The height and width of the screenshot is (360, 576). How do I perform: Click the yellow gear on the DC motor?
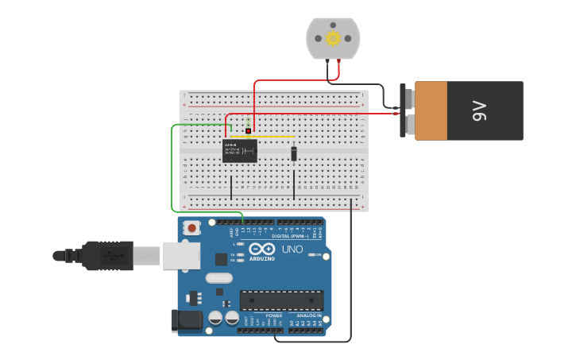click(333, 37)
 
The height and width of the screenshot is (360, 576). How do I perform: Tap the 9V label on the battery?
click(479, 110)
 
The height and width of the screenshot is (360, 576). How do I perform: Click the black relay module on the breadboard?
click(239, 151)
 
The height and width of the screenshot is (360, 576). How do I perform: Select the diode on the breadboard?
click(294, 153)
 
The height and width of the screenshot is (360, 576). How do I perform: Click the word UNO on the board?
click(292, 249)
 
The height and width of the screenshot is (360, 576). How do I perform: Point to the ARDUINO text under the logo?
click(262, 258)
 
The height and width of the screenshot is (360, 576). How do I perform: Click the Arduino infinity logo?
click(262, 248)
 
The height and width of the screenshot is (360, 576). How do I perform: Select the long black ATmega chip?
click(281, 300)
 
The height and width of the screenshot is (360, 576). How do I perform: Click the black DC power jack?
click(185, 320)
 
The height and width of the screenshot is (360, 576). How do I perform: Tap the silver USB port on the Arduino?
click(181, 255)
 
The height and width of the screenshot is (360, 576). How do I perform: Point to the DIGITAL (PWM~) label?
click(291, 236)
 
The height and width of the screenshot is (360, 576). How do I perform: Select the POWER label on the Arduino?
click(273, 315)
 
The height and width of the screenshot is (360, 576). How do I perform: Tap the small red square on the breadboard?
click(248, 131)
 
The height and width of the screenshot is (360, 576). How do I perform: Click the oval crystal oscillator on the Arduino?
click(218, 278)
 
